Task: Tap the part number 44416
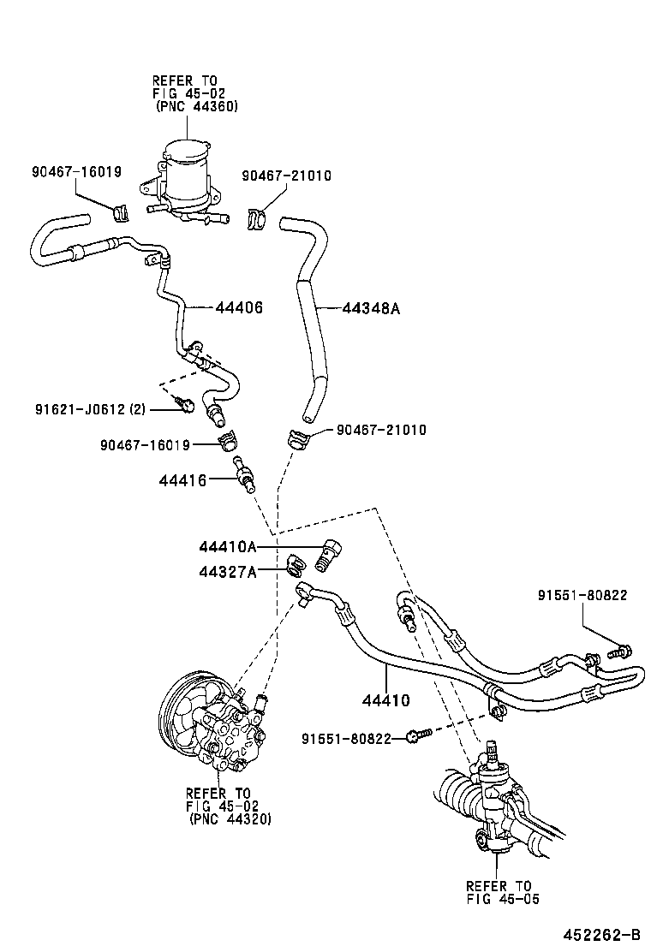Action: (x=182, y=480)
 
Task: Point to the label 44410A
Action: (x=228, y=546)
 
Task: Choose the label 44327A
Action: (x=228, y=571)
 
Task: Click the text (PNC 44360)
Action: (x=196, y=107)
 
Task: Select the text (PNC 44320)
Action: (x=230, y=818)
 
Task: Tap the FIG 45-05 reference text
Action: (x=503, y=899)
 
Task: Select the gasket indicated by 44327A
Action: (x=295, y=565)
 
